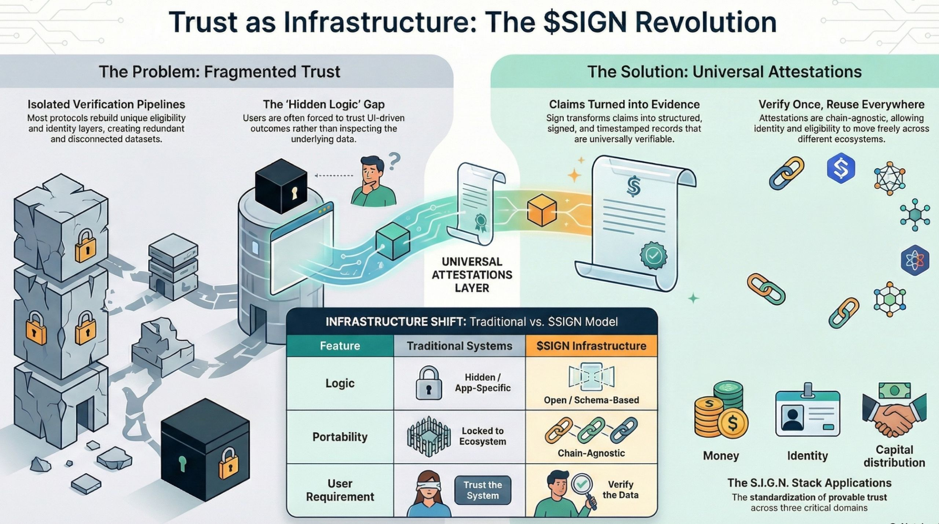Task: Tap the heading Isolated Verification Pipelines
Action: (106, 105)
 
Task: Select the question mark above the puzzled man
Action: (394, 161)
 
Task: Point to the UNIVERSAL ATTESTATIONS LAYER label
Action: (472, 275)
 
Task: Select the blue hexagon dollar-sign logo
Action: (841, 168)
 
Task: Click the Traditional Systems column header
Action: (459, 346)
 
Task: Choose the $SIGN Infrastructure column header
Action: (591, 346)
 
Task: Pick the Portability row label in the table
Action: (340, 437)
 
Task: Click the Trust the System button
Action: (482, 490)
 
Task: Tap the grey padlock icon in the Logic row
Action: (428, 384)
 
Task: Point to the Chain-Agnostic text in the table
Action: (591, 453)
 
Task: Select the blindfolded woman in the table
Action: (428, 493)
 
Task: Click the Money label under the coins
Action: (721, 456)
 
